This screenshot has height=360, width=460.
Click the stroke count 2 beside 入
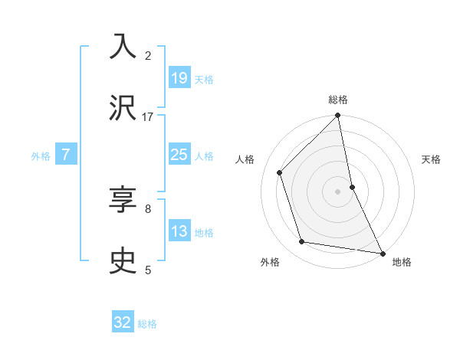(148, 55)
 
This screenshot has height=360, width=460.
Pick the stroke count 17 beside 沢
(148, 116)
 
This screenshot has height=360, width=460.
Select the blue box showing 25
(179, 155)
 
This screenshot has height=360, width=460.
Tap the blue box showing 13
(179, 231)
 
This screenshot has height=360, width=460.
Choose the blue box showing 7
(66, 155)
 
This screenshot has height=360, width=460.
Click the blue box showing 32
(123, 322)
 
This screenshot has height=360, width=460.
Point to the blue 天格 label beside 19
(204, 80)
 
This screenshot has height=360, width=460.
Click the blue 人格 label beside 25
(204, 156)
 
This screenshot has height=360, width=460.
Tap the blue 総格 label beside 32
(147, 324)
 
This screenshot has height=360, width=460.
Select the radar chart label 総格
(338, 100)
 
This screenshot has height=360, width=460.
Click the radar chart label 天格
(432, 159)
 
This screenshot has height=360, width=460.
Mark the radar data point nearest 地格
(382, 253)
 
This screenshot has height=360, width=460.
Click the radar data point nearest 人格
(280, 172)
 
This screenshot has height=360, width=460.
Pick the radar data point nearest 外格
(302, 242)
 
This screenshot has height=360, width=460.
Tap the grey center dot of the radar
(338, 191)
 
